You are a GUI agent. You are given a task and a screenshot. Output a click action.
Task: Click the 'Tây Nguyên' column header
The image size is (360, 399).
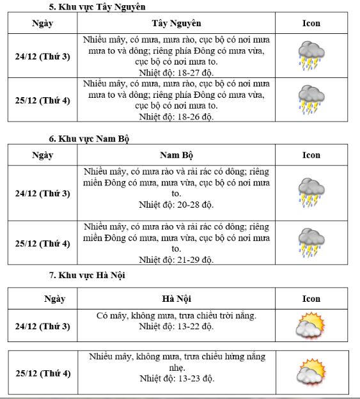coord(176,24)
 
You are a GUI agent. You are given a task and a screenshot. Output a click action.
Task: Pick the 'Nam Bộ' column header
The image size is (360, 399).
coord(176,155)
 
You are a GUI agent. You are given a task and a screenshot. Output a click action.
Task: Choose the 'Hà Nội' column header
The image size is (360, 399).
coord(176,299)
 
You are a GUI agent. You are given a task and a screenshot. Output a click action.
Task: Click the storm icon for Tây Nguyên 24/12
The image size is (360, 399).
coord(311,56)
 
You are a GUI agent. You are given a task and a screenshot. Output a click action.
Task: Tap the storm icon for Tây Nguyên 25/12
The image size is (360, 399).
coord(311,100)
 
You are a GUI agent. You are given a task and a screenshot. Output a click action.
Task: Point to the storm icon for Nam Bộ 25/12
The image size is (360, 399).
coord(311,243)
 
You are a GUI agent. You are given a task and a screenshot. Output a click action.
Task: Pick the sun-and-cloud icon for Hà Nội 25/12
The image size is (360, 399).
coord(311,373)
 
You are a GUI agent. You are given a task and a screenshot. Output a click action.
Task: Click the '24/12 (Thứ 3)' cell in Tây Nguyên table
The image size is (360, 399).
coord(42,56)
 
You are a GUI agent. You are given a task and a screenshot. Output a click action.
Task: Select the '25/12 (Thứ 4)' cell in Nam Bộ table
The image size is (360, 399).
coord(42,244)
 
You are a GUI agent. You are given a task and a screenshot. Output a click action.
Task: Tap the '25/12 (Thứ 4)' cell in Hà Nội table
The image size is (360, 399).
coord(43,373)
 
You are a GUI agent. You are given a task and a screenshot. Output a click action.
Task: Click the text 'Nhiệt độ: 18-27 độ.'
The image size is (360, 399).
coord(176,72)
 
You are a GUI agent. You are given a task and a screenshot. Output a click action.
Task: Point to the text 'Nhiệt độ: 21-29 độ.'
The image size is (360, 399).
coord(176,260)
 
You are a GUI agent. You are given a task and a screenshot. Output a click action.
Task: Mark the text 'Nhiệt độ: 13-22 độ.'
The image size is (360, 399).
coord(176,326)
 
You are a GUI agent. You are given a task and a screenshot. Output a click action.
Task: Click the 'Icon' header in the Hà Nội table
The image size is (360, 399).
coord(311,299)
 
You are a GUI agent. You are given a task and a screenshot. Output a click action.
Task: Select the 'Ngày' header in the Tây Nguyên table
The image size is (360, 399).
coord(42,24)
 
